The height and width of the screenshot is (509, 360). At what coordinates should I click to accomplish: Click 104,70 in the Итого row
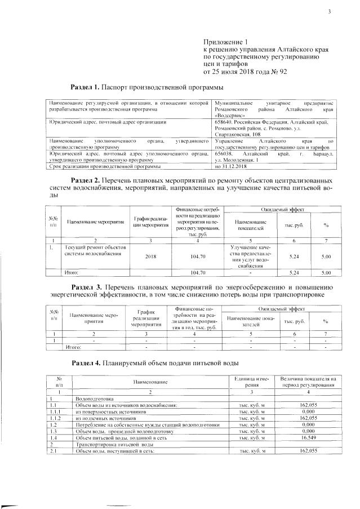[x=197, y=273]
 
